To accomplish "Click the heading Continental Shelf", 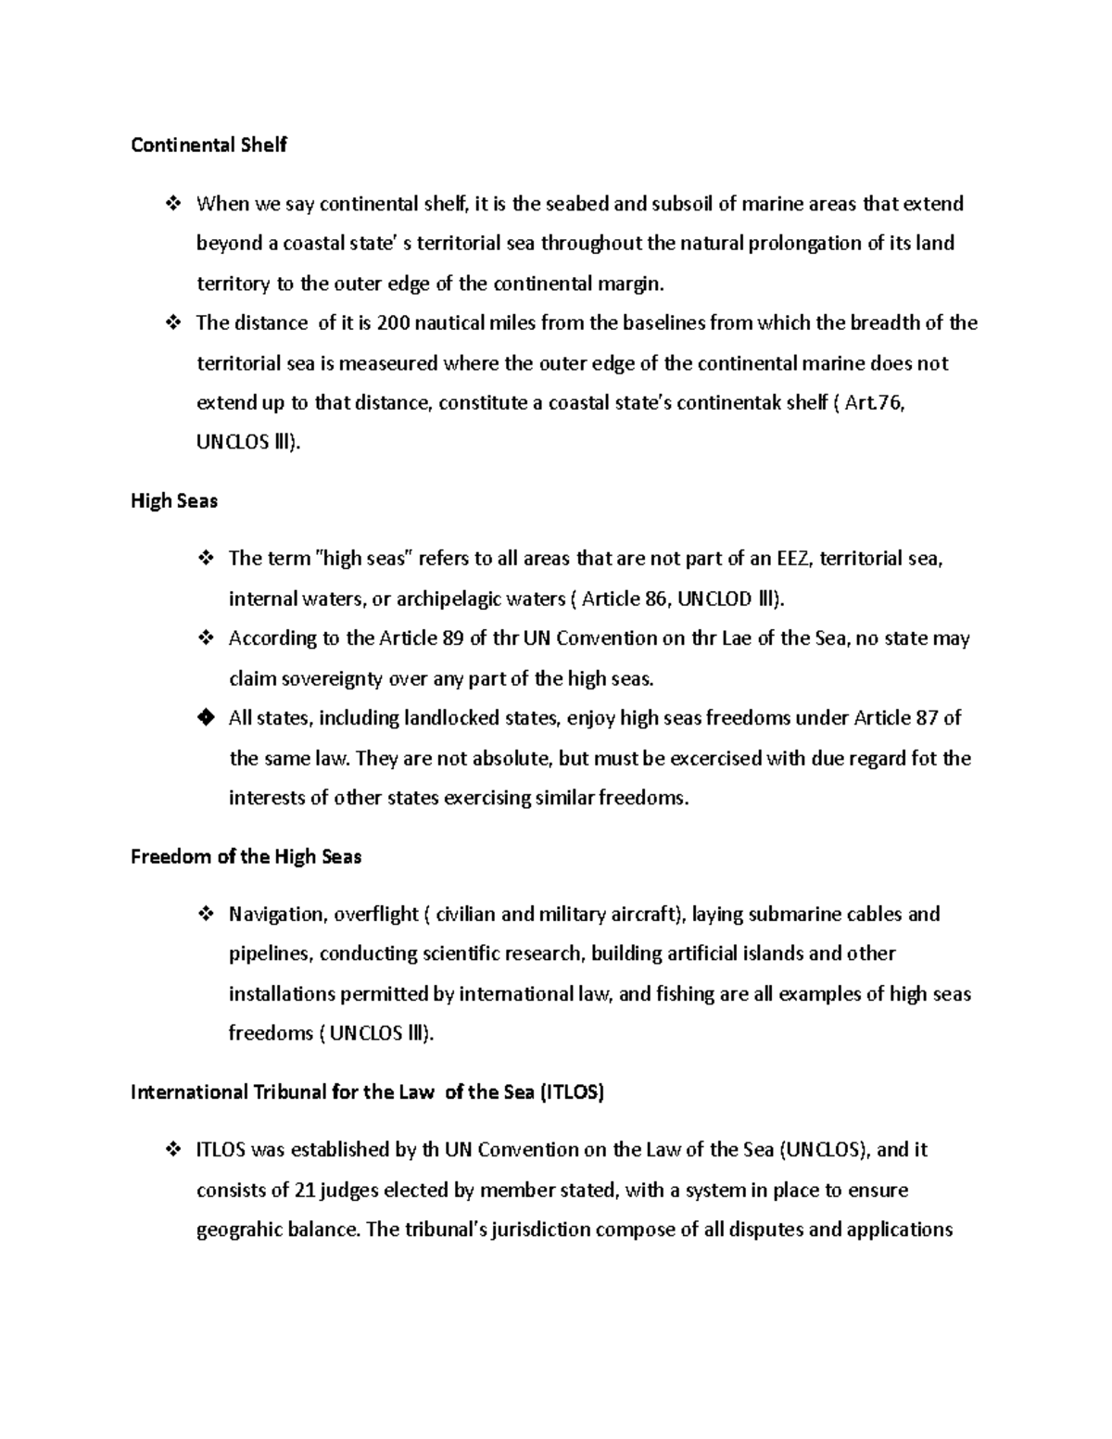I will click(x=208, y=145).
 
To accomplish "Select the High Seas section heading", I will click(x=174, y=501).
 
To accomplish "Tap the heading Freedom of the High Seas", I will click(x=246, y=857).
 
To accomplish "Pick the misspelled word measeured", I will click(x=387, y=363).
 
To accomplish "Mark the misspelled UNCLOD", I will click(x=714, y=599).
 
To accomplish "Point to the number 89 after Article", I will click(x=454, y=638).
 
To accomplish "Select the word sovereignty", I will click(x=332, y=679).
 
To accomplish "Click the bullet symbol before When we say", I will click(x=171, y=204).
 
